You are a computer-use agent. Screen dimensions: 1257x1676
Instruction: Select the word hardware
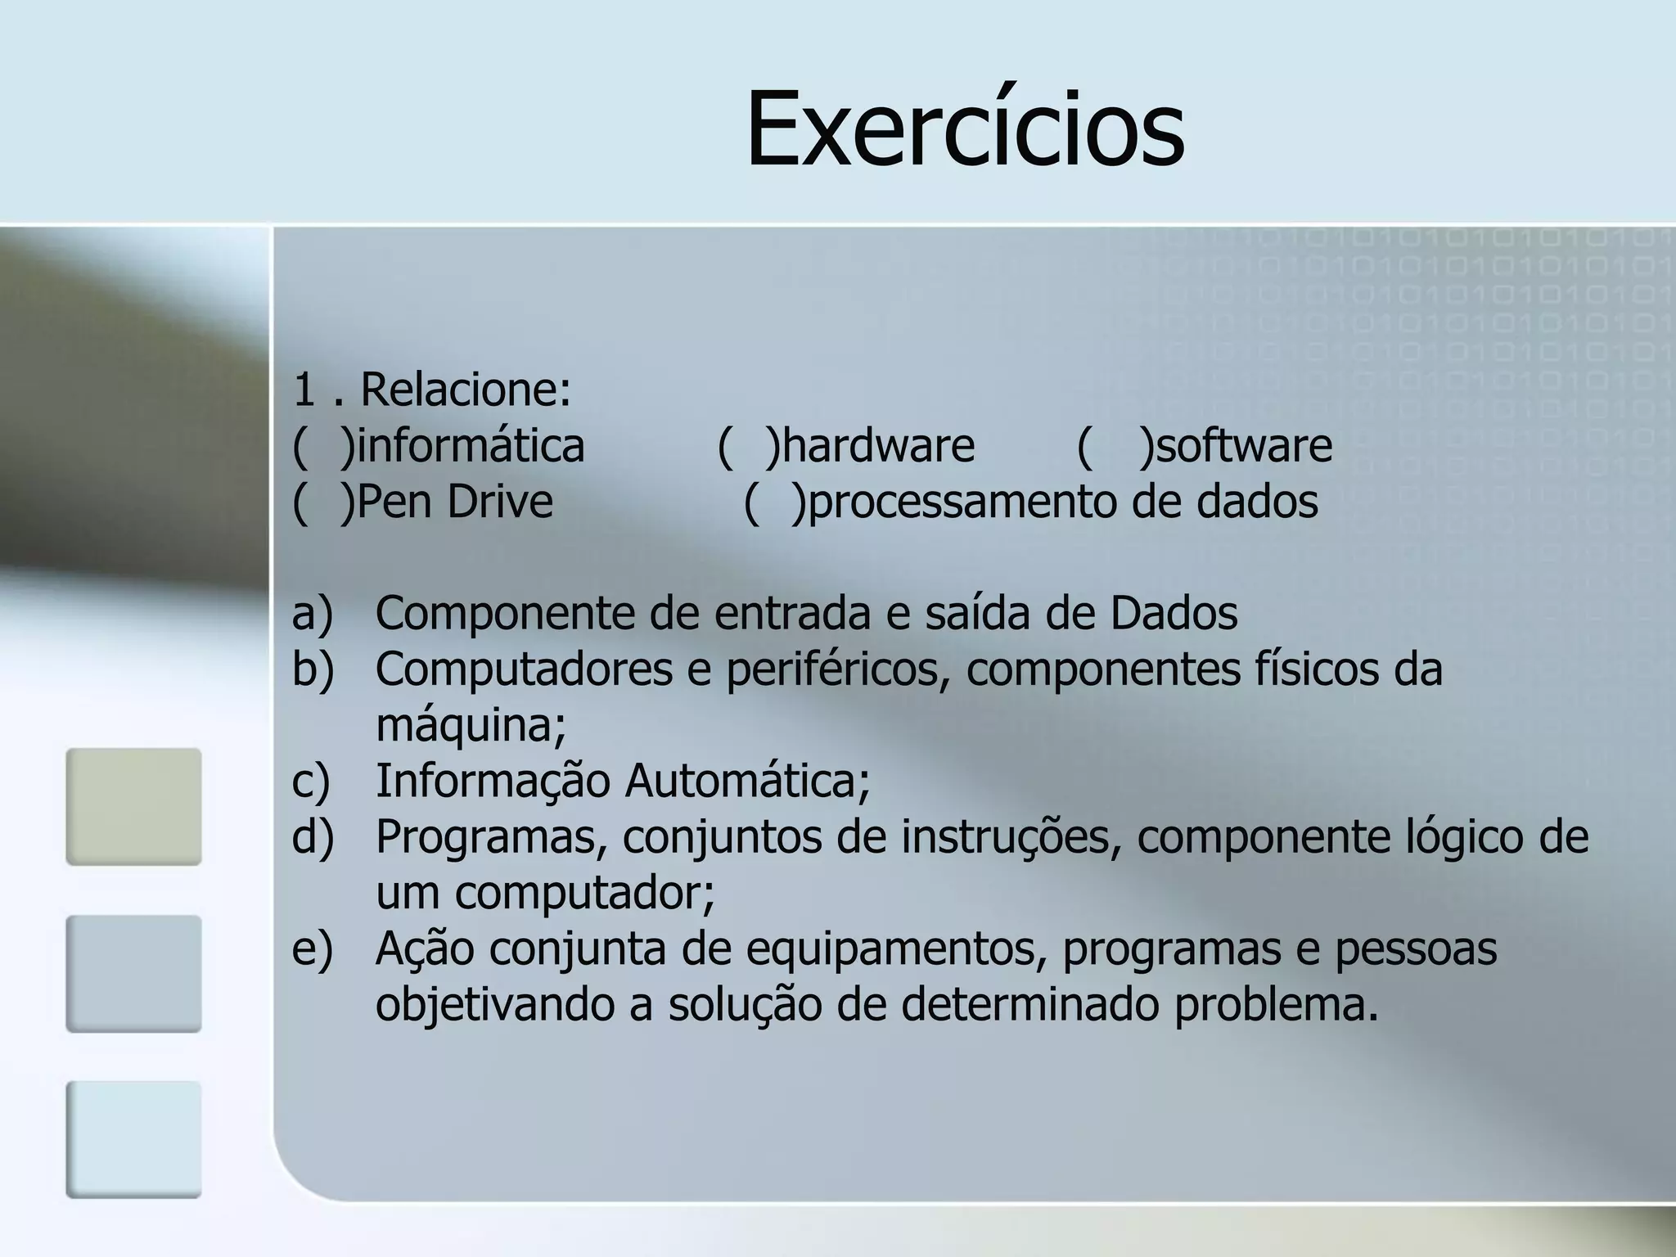(x=878, y=446)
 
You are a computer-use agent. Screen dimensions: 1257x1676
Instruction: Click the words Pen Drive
(x=455, y=502)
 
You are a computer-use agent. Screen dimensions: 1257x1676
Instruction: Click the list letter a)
(x=313, y=614)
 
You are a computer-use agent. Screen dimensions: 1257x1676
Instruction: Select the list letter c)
(x=311, y=782)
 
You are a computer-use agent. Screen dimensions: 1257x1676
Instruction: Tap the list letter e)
(x=313, y=949)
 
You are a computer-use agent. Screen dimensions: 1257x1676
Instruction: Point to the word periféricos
(x=837, y=670)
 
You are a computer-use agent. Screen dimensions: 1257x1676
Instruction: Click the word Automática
(x=746, y=781)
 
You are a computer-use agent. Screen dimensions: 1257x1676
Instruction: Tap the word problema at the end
(x=1276, y=1006)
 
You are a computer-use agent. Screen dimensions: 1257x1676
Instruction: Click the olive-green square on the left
(x=133, y=807)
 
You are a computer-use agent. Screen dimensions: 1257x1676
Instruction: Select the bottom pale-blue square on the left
(x=133, y=1139)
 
